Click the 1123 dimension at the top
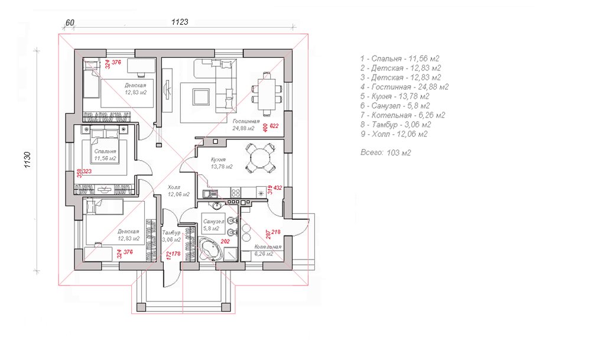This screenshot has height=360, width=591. tap(180, 22)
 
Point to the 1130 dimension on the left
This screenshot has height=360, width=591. tap(27, 160)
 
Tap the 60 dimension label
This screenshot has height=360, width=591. tap(70, 22)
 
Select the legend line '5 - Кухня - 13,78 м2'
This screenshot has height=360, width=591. tap(395, 96)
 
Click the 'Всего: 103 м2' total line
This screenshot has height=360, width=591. tap(385, 153)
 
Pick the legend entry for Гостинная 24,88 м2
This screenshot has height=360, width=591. tap(404, 87)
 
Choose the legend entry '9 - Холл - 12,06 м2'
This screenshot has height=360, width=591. tap(394, 134)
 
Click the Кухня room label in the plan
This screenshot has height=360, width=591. tap(218, 160)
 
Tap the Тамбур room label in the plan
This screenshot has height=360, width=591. tap(171, 233)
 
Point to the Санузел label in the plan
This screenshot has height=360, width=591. tap(213, 222)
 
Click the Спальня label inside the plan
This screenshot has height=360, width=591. tap(105, 151)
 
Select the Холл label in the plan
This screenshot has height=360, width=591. tap(174, 187)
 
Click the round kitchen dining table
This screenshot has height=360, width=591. tap(260, 158)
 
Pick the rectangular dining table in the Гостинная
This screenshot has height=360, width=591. tap(267, 93)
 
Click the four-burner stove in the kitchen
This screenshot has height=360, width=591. tap(236, 193)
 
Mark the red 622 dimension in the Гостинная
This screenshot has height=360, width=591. tap(274, 126)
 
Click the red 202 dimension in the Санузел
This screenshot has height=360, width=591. tap(225, 242)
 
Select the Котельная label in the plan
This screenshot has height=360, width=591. tap(268, 247)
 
